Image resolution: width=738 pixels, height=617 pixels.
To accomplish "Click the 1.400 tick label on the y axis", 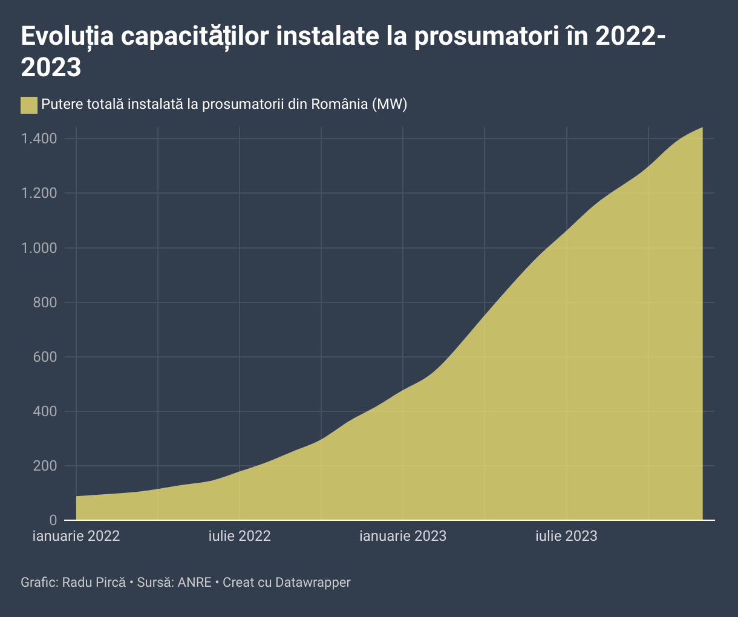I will point(39,139).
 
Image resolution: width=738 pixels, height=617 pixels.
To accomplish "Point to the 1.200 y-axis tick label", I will point(39,194).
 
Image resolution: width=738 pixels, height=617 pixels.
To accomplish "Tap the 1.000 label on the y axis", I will point(39,248).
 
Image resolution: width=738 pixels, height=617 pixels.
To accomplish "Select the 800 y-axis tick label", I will point(45,302).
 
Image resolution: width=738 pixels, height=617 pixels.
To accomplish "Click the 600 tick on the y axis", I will point(45,357).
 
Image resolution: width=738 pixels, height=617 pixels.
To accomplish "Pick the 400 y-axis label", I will point(45,411).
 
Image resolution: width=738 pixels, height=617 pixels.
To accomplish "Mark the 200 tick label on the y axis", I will point(45,466).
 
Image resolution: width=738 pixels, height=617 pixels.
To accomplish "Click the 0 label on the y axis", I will point(53,520).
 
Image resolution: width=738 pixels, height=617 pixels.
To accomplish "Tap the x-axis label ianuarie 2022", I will point(76,536).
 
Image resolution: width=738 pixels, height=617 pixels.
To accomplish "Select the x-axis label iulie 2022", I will point(240,536).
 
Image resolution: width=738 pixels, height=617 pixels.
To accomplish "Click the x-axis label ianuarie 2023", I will point(403,536).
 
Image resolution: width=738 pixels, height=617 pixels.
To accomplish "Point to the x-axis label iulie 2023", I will point(566,536).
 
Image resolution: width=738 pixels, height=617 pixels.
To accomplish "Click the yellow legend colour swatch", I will point(29,105).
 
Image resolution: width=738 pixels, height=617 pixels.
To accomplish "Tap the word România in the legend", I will point(339,104).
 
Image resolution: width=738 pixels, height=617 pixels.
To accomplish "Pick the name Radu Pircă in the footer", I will point(94,583).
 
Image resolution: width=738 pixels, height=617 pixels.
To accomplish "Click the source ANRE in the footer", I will point(194,583).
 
